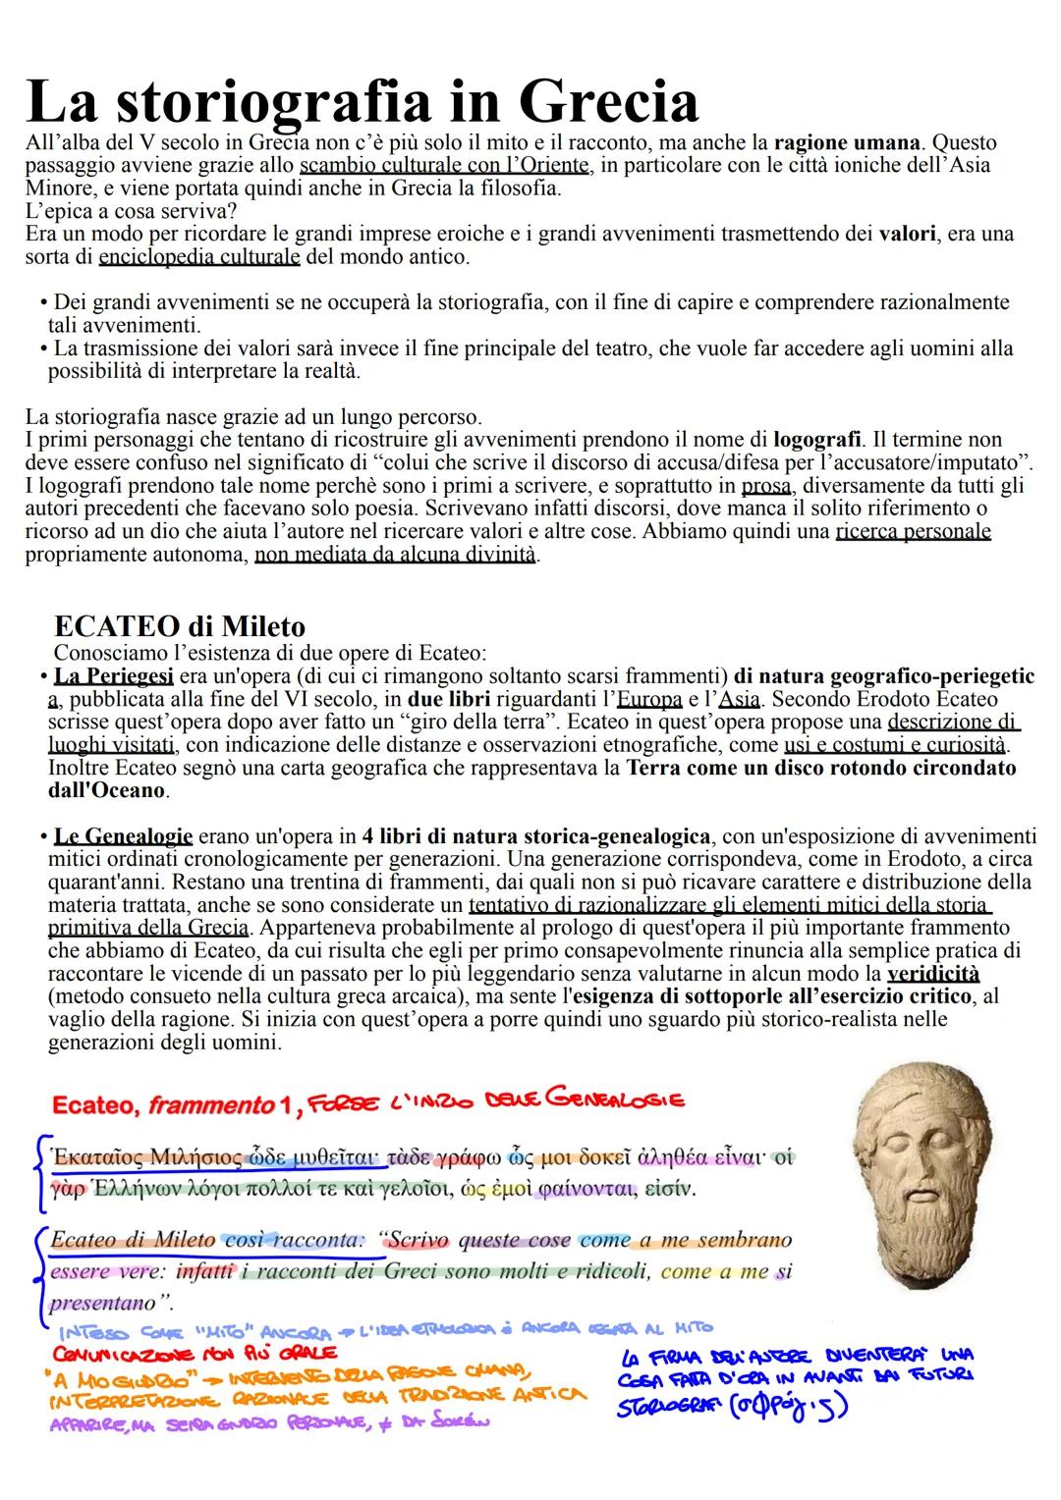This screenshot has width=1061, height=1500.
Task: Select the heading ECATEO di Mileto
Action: (x=180, y=626)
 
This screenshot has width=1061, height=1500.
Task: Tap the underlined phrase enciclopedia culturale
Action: (x=199, y=258)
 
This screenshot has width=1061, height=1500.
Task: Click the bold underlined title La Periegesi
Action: (x=115, y=676)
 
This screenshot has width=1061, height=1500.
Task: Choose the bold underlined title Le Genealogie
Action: (x=123, y=836)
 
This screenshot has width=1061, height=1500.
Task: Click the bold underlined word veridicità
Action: (x=932, y=973)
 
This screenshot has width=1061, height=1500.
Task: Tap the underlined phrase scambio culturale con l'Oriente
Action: (x=444, y=165)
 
